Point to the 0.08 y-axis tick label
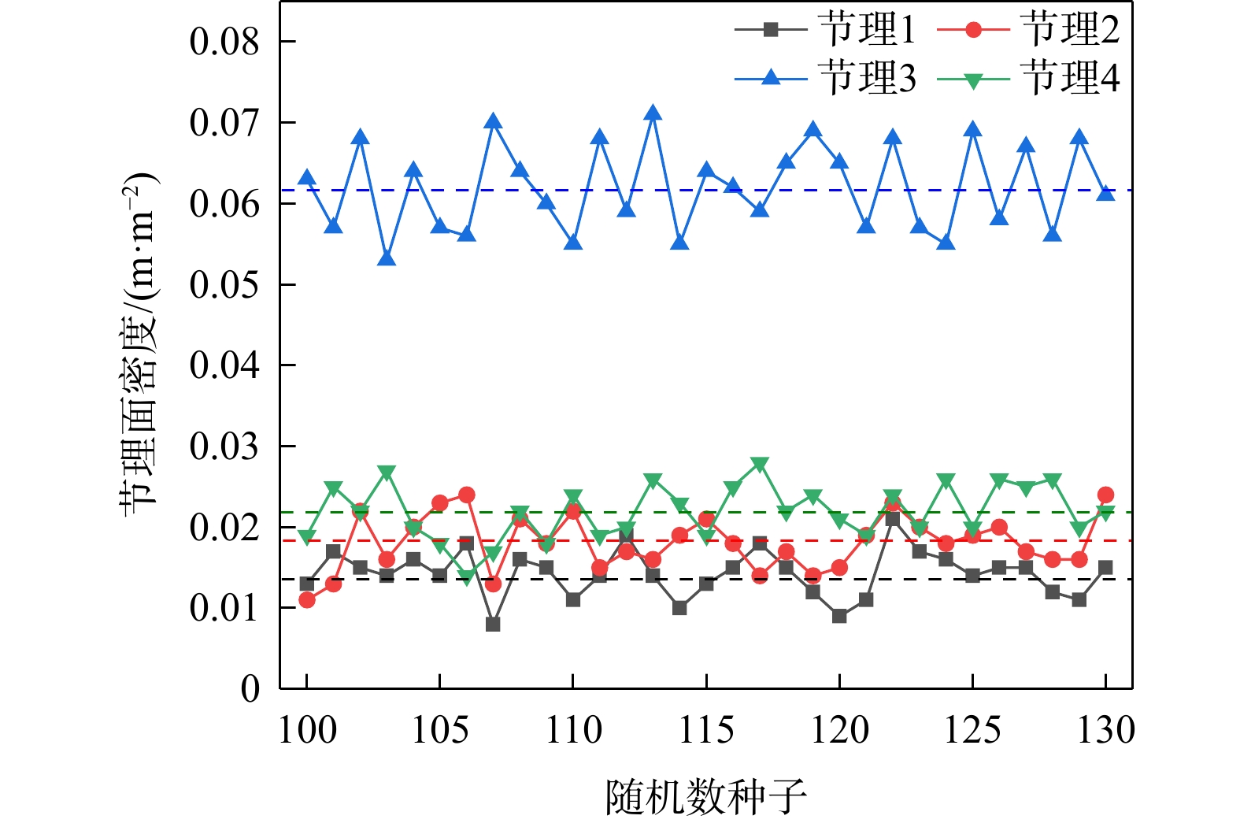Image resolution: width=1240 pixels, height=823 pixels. tap(224, 42)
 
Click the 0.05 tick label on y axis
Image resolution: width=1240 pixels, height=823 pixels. tap(224, 284)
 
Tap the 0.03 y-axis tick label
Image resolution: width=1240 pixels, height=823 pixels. tap(224, 447)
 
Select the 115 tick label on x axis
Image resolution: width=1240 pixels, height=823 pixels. tap(706, 729)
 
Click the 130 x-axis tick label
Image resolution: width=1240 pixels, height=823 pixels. tap(1105, 729)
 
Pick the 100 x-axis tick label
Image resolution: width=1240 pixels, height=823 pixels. tap(307, 729)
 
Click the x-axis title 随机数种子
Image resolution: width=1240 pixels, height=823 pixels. tap(706, 797)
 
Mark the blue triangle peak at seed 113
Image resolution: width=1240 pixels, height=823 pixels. tap(653, 113)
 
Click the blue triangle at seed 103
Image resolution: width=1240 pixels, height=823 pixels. tap(387, 258)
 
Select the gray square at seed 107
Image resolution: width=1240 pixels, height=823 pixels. tap(493, 624)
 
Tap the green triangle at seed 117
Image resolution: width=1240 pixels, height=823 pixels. tap(760, 464)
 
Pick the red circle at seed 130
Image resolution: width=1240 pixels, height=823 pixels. tap(1105, 495)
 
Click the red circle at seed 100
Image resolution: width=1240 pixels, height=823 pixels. tap(307, 600)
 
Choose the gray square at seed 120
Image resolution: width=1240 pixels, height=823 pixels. tap(839, 616)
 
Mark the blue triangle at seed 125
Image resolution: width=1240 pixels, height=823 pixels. tap(973, 130)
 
